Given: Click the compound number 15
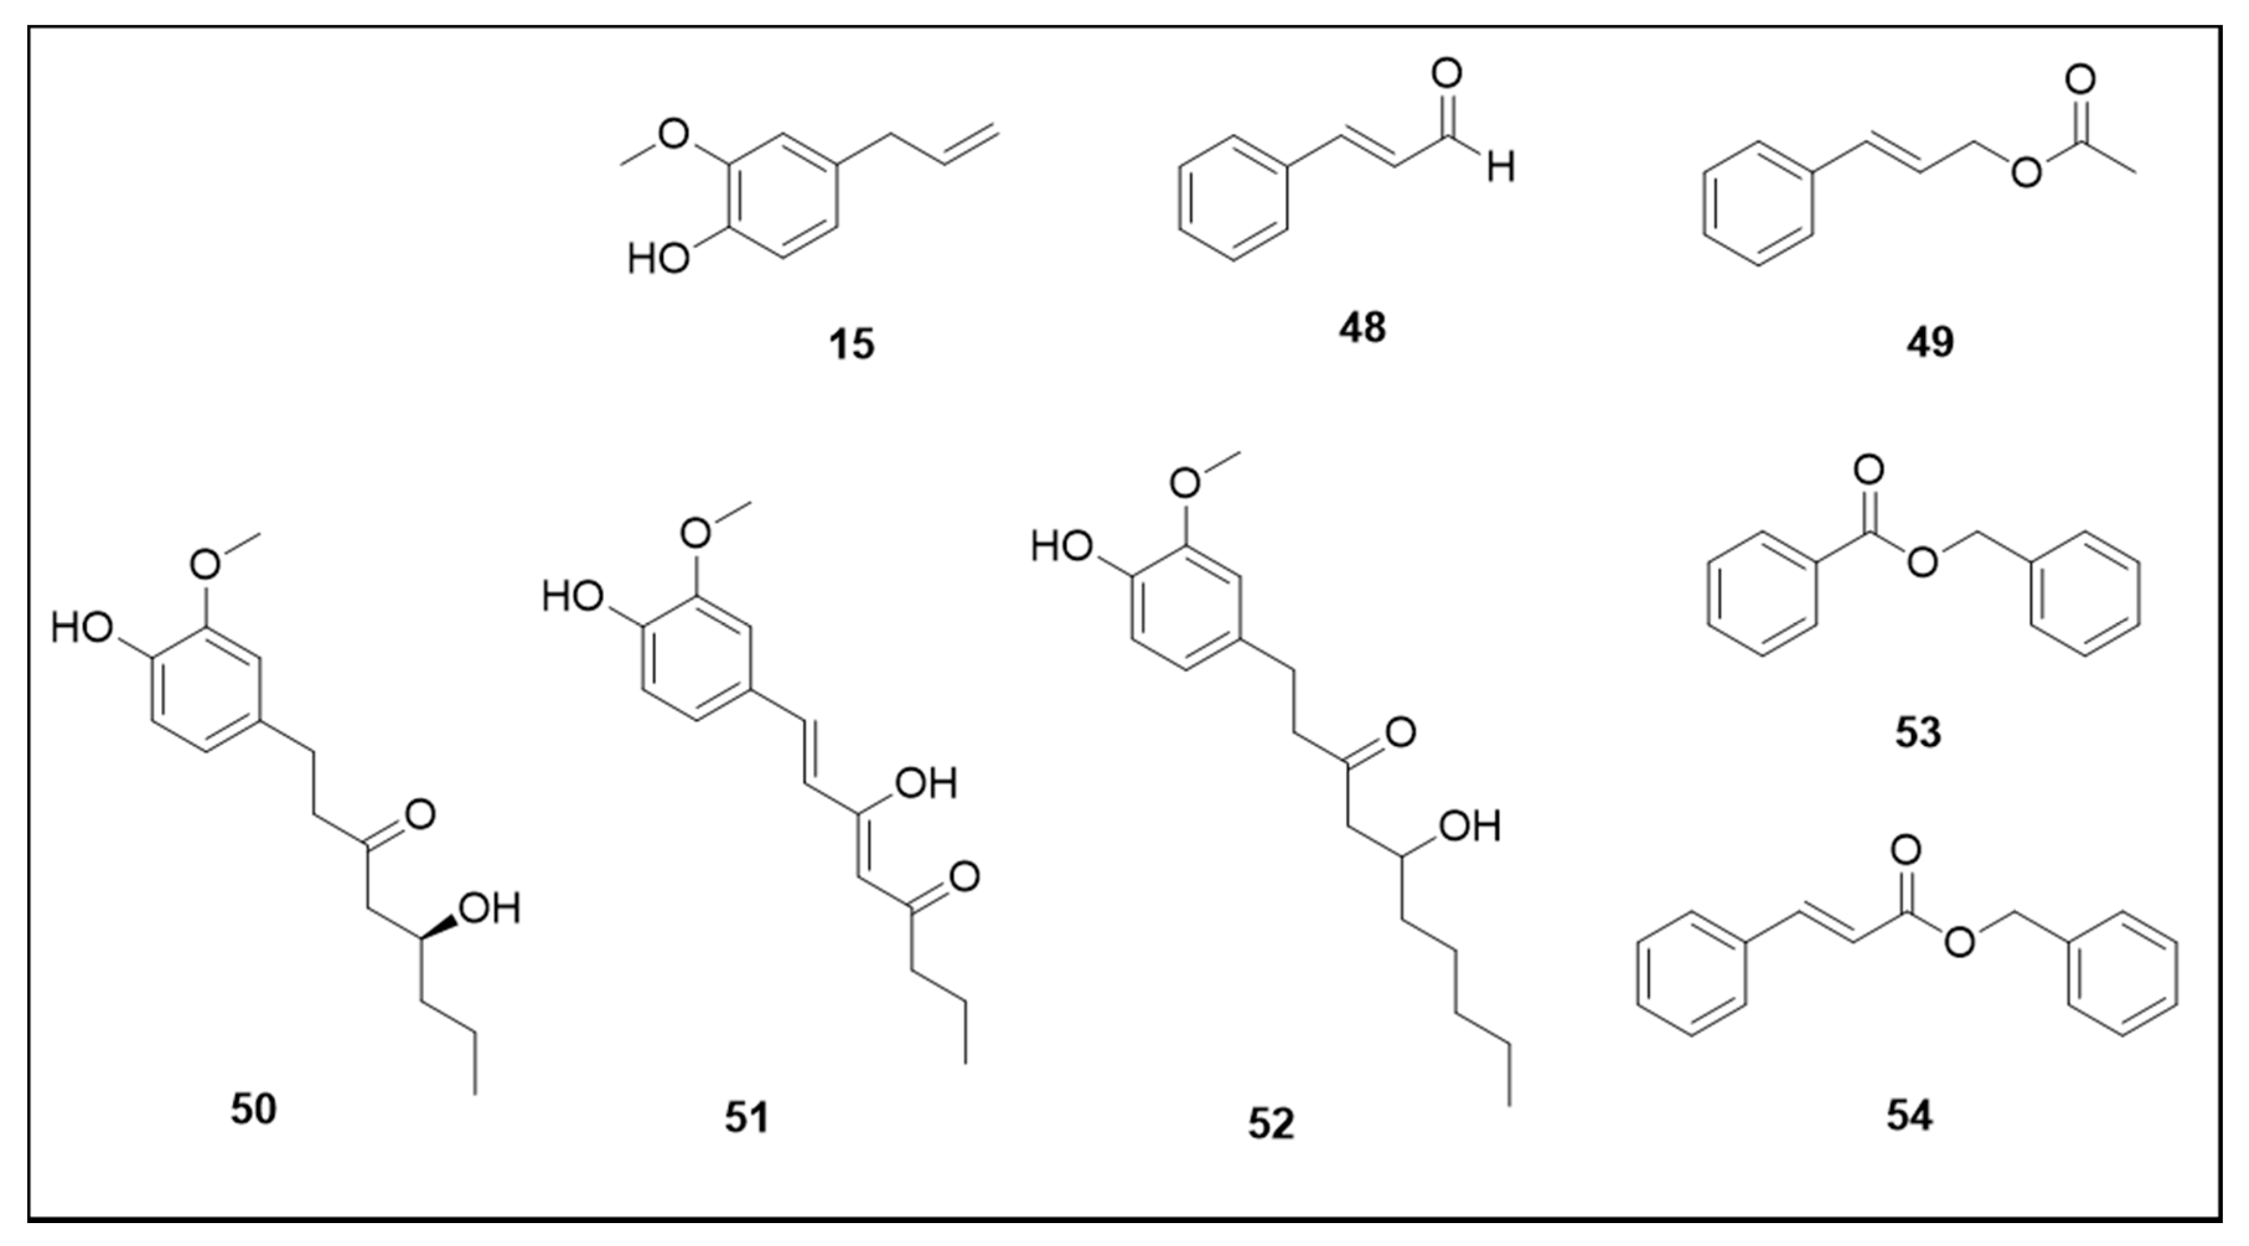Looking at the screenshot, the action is (x=852, y=344).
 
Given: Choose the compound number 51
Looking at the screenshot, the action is (x=747, y=1118).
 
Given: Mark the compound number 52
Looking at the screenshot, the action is (x=1270, y=1124).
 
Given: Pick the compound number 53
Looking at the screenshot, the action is (x=1918, y=732).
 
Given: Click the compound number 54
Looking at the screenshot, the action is (x=1909, y=1117).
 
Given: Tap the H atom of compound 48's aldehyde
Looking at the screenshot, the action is (x=1501, y=168).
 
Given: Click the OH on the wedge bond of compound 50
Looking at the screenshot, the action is (x=490, y=909).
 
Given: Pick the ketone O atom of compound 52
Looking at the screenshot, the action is (x=1399, y=732).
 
